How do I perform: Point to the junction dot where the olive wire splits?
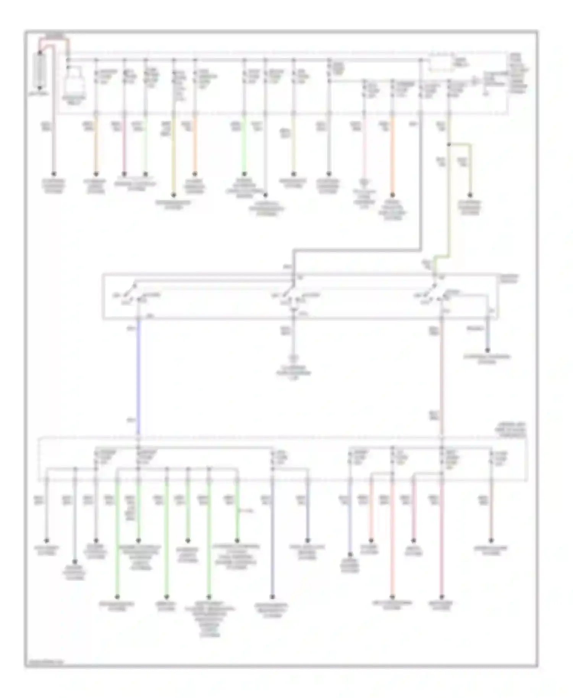pos(449,145)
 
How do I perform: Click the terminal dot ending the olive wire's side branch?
pos(470,196)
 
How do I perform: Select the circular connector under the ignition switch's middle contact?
pos(293,358)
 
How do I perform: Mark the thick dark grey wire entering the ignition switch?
pos(357,250)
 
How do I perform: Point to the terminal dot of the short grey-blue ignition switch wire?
pos(487,350)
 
